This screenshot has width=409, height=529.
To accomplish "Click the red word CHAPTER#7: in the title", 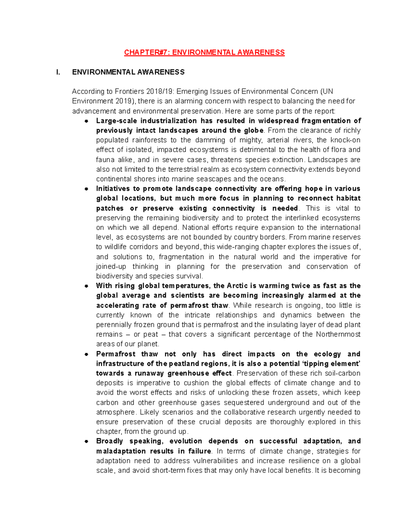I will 147,52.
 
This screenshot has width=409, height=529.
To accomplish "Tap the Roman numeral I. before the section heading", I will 58,72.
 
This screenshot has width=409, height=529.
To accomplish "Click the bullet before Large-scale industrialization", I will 87,121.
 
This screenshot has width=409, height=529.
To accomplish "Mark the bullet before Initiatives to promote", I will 87,189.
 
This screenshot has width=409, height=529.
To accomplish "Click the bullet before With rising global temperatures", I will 87,286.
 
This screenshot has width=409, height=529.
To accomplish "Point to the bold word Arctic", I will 238,286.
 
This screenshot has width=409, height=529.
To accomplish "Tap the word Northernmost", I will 338,334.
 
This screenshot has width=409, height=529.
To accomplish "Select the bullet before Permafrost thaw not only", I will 87,354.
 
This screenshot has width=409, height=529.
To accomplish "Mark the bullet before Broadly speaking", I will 87,441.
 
